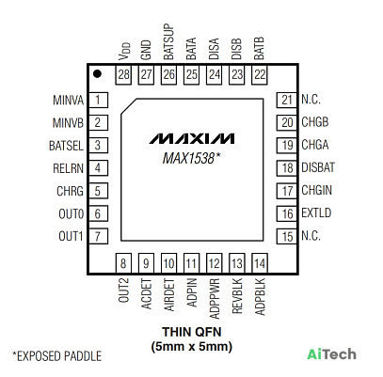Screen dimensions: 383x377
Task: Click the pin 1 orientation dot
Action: pyautogui.click(x=98, y=74)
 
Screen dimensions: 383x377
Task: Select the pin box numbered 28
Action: pyautogui.click(x=123, y=75)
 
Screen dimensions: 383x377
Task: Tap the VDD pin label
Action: pyautogui.click(x=124, y=52)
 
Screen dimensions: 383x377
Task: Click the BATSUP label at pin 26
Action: pyautogui.click(x=168, y=41)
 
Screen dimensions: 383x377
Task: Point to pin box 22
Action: pyautogui.click(x=260, y=75)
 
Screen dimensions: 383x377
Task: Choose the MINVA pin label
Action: pyautogui.click(x=68, y=101)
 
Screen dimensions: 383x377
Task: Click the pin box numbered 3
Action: pyautogui.click(x=98, y=146)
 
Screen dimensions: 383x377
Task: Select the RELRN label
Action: pyautogui.click(x=68, y=168)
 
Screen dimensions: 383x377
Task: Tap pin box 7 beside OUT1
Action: pyautogui.click(x=98, y=236)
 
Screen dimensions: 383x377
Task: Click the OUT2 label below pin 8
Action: pyautogui.click(x=123, y=291)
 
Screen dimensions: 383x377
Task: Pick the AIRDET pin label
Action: pyautogui.click(x=169, y=295)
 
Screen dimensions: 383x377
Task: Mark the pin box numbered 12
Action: pyautogui.click(x=215, y=263)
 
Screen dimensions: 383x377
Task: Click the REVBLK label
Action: pyautogui.click(x=237, y=296)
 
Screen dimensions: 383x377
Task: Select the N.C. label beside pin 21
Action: pyautogui.click(x=311, y=100)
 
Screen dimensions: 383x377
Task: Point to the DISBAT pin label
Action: pyautogui.click(x=318, y=167)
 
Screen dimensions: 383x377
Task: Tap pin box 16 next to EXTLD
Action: pyautogui.click(x=286, y=213)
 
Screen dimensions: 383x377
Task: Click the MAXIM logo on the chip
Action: pyautogui.click(x=192, y=138)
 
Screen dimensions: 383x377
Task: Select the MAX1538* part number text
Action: pyautogui.click(x=191, y=158)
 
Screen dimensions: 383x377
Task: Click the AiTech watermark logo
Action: pyautogui.click(x=332, y=354)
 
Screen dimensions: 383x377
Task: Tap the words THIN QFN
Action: pyautogui.click(x=192, y=332)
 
